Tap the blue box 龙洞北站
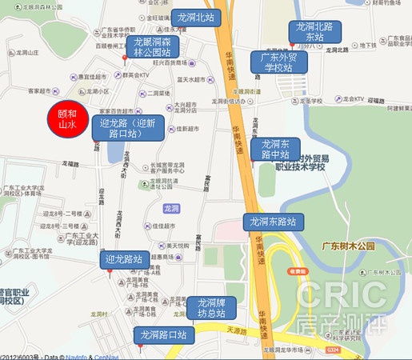[195, 18]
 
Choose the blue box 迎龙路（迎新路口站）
[128, 128]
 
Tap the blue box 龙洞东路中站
[275, 149]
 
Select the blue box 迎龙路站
[124, 259]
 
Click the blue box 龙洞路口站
[162, 334]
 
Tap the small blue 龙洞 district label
[170, 209]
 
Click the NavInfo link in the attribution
[76, 356]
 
